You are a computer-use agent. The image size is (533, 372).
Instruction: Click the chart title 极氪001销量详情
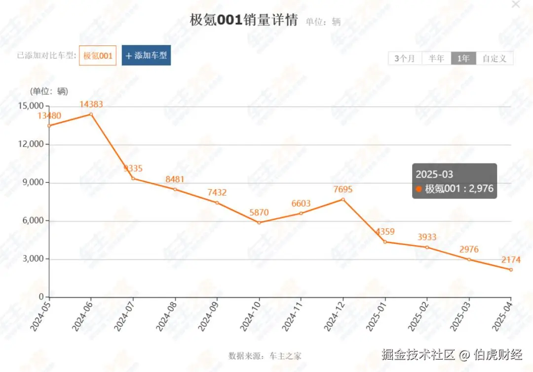(x=244, y=20)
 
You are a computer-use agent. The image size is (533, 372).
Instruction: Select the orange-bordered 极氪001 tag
(x=98, y=56)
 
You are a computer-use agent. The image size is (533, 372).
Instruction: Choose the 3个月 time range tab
(x=405, y=58)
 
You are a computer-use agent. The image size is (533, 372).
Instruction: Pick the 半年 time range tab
(x=436, y=58)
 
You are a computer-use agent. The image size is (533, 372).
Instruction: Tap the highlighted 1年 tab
(x=463, y=58)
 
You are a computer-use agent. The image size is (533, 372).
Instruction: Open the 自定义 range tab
(x=495, y=58)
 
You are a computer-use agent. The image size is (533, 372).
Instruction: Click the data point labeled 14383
(x=91, y=114)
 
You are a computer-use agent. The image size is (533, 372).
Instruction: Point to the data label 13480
(x=49, y=116)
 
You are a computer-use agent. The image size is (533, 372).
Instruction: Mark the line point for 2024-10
(x=259, y=222)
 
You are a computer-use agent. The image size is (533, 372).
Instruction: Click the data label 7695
(x=343, y=190)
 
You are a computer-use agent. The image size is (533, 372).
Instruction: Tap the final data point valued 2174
(x=511, y=270)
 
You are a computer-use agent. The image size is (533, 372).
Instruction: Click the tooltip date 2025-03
(x=434, y=174)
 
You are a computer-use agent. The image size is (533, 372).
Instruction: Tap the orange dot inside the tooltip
(x=419, y=189)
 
